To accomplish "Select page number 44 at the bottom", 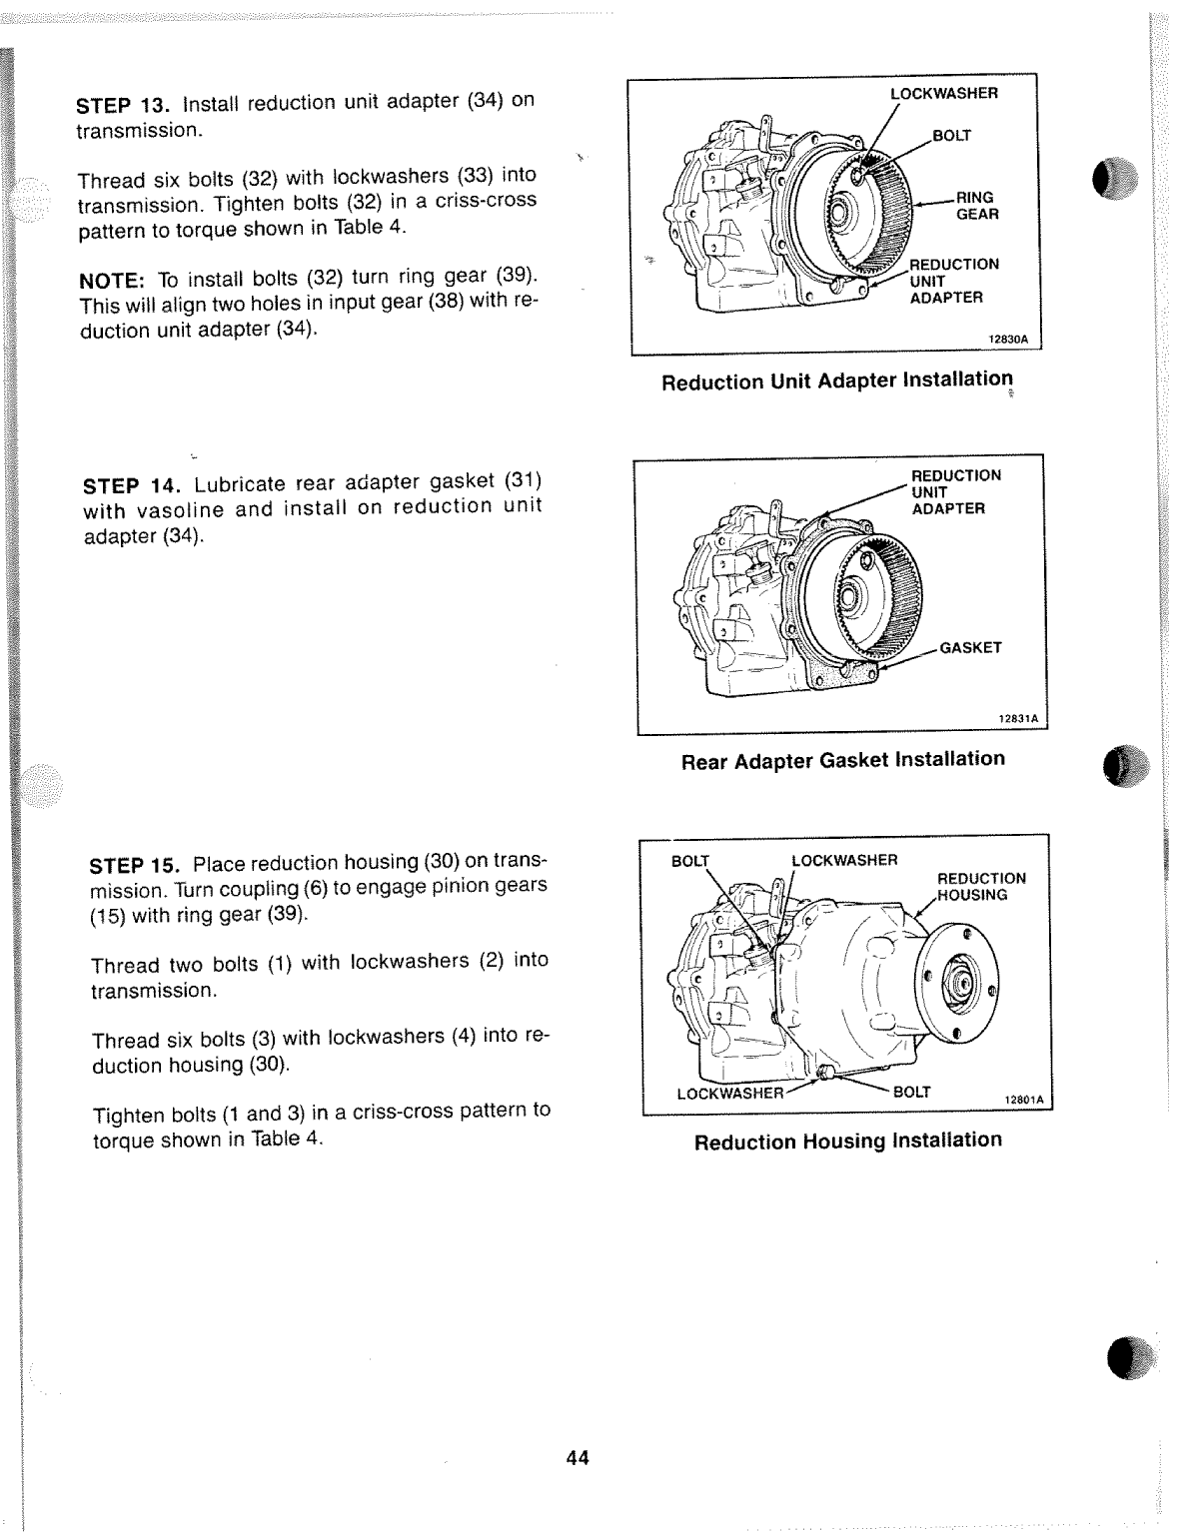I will click(578, 1458).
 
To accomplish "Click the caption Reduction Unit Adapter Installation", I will click(836, 381).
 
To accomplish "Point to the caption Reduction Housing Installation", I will click(847, 1141).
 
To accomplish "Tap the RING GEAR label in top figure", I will click(976, 206).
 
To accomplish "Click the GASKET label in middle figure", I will click(970, 647).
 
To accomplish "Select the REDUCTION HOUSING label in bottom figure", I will click(980, 886).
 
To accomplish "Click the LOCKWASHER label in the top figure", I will click(943, 93).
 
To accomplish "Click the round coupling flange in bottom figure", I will click(956, 983).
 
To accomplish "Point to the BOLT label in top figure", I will click(951, 135).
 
